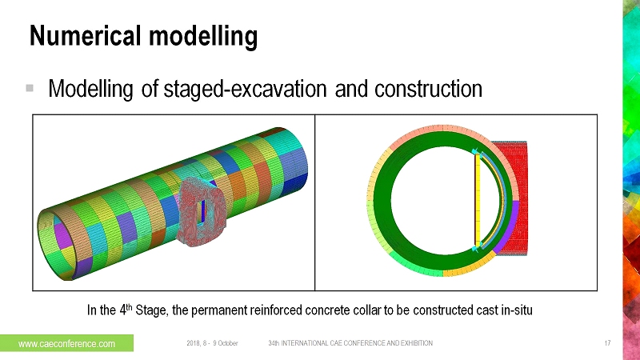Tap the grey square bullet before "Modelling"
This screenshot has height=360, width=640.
(x=30, y=87)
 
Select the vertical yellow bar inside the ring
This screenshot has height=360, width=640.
(x=478, y=200)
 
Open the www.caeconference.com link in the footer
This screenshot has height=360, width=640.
(x=66, y=343)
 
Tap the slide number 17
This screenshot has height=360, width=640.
(x=608, y=343)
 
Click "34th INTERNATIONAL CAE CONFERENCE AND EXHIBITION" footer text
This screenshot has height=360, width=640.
(x=350, y=343)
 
